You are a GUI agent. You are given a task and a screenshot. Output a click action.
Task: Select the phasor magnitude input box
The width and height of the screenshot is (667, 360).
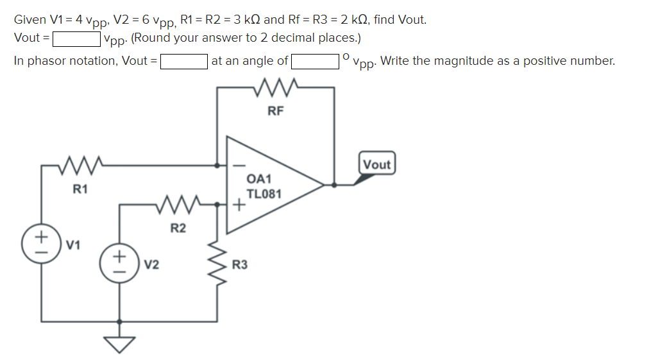click(x=184, y=62)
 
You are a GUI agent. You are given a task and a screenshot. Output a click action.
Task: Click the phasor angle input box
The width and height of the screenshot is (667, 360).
click(x=316, y=62)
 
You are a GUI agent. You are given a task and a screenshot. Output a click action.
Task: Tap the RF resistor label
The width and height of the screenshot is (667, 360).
click(x=275, y=111)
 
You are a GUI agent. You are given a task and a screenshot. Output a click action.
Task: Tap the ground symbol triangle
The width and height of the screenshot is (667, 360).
click(x=118, y=345)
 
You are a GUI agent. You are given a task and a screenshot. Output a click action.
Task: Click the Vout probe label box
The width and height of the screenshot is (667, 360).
click(x=376, y=164)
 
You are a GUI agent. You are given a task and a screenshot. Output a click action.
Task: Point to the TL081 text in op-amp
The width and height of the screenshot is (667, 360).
click(x=264, y=194)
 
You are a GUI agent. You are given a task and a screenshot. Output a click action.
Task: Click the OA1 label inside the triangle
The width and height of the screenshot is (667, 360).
click(x=260, y=179)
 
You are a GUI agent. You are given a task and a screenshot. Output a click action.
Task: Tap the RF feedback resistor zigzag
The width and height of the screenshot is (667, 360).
click(x=276, y=86)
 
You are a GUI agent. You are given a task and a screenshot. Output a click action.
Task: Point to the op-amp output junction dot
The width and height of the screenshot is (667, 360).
click(x=333, y=185)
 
